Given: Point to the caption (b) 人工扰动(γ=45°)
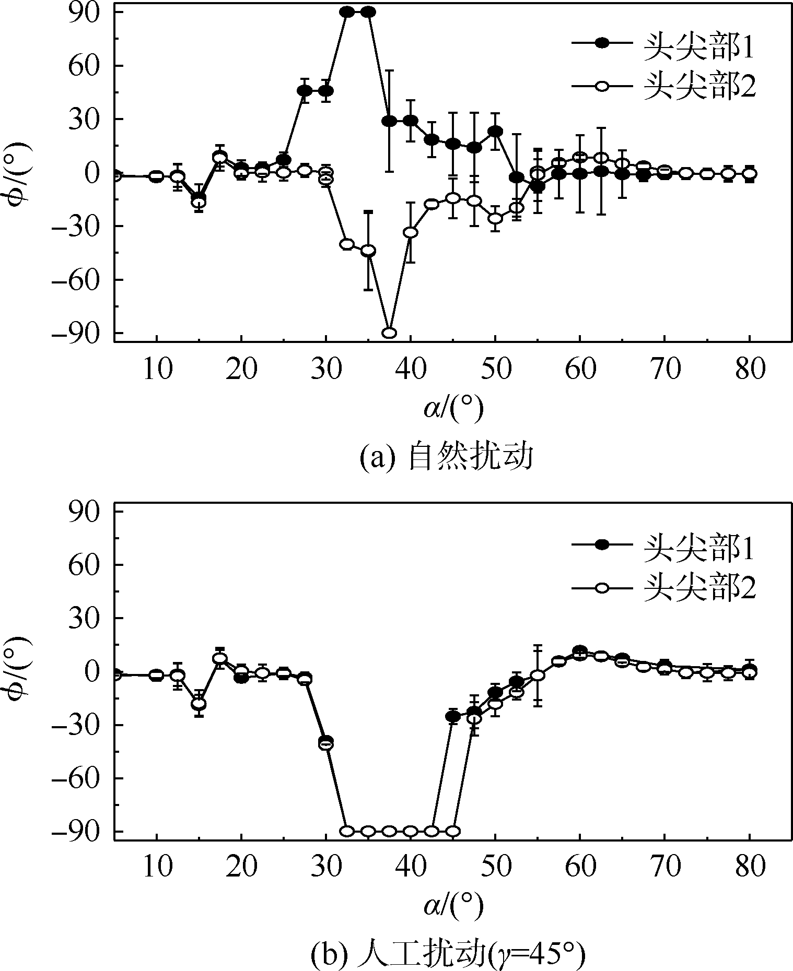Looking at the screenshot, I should (x=447, y=956).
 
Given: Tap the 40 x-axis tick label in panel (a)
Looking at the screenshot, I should (x=411, y=370).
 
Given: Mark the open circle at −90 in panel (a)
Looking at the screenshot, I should (x=389, y=333).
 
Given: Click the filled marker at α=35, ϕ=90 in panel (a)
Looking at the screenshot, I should (x=368, y=12).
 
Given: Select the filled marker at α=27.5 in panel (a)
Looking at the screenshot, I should (x=305, y=91).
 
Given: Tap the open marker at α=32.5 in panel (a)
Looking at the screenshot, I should (x=347, y=244).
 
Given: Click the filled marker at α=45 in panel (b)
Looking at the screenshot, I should (x=453, y=717).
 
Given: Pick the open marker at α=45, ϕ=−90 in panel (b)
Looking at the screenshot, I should (x=453, y=831).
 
